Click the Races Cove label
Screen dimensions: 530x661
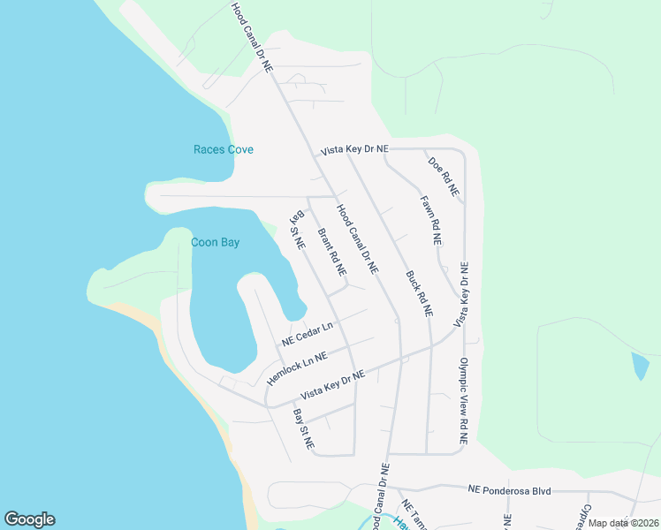point(224,149)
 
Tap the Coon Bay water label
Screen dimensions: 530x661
point(216,242)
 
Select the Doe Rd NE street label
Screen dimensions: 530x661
point(444,176)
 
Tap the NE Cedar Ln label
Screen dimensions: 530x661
point(308,334)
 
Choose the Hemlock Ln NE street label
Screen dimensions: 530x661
point(297,367)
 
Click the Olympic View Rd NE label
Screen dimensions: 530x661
point(463,400)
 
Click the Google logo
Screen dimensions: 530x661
point(29,519)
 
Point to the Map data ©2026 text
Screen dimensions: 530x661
point(623,523)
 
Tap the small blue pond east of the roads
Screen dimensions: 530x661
point(640,366)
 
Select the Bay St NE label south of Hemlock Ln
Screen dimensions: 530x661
point(304,430)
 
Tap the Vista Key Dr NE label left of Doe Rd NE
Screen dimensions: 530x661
point(354,150)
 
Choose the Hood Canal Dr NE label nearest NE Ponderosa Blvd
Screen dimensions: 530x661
point(380,496)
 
